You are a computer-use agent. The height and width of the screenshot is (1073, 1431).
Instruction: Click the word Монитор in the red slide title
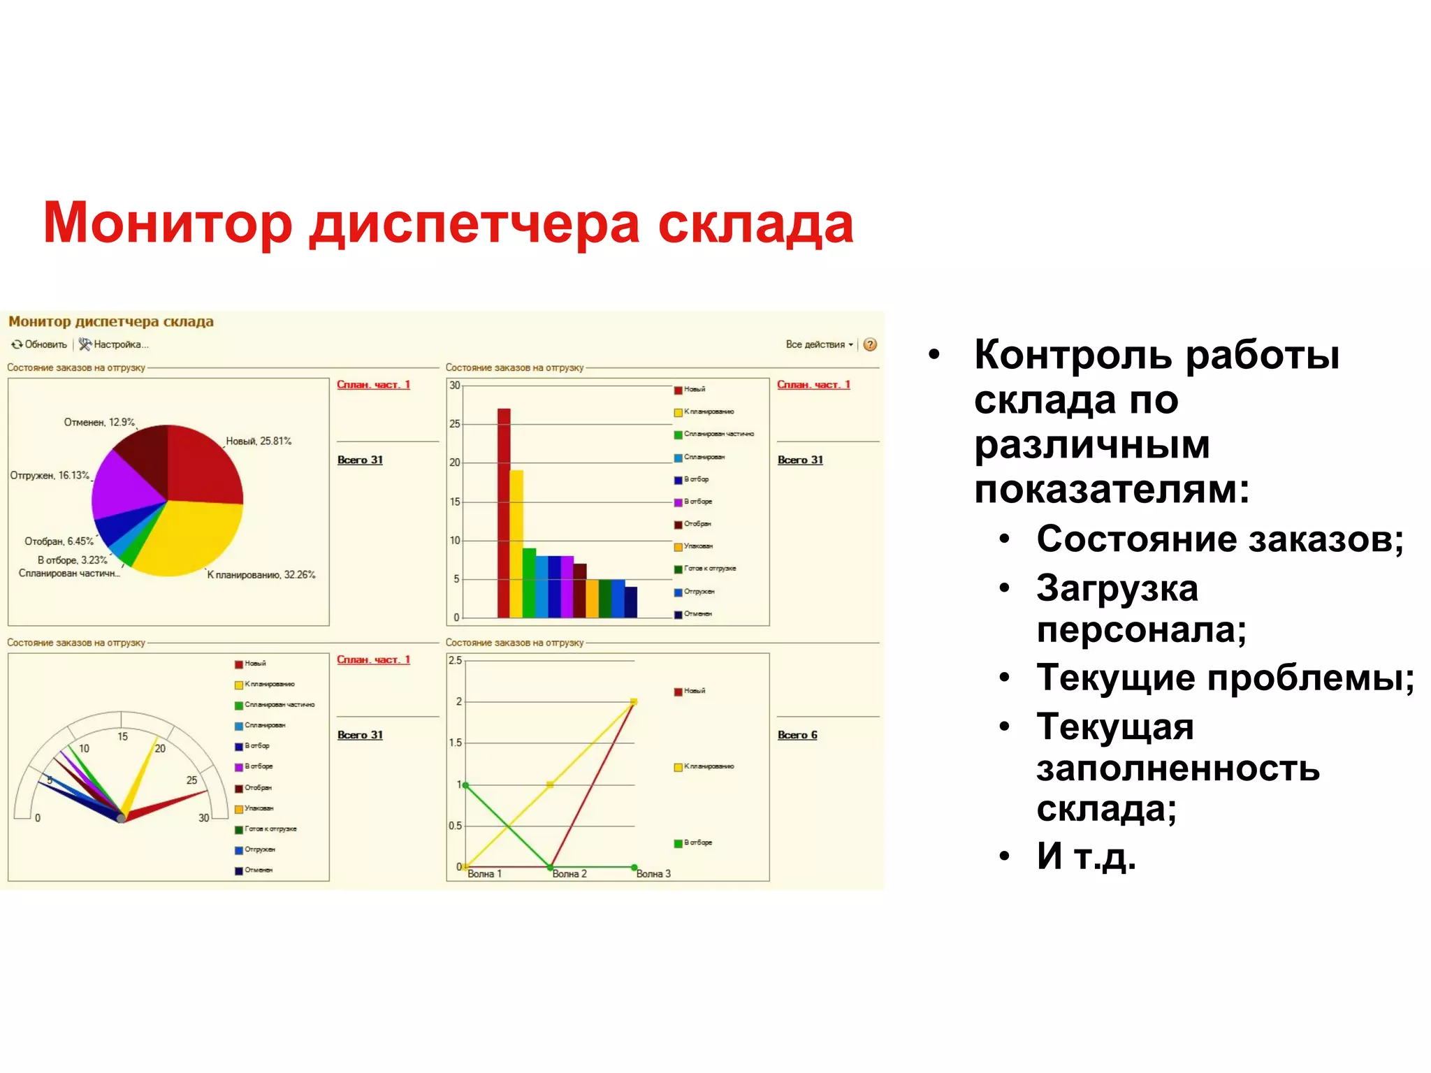pyautogui.click(x=168, y=224)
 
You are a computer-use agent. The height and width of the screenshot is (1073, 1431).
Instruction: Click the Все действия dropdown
pyautogui.click(x=818, y=344)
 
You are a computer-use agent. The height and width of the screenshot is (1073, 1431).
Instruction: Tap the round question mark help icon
pyautogui.click(x=870, y=344)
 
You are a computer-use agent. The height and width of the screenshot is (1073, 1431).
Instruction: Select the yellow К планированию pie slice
pyautogui.click(x=192, y=538)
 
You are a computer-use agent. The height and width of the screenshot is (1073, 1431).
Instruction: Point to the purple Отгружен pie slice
pyautogui.click(x=126, y=482)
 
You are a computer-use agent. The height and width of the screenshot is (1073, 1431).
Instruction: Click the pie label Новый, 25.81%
pyautogui.click(x=259, y=441)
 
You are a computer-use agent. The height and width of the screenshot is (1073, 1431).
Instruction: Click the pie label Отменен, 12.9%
pyautogui.click(x=99, y=422)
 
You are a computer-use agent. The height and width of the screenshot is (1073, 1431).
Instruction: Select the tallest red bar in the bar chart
pyautogui.click(x=504, y=513)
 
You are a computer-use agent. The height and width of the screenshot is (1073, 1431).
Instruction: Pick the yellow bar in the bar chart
pyautogui.click(x=516, y=545)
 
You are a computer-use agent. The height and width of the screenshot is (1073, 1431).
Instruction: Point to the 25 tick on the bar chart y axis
pyautogui.click(x=455, y=424)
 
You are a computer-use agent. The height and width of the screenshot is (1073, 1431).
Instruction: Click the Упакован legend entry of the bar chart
pyautogui.click(x=697, y=546)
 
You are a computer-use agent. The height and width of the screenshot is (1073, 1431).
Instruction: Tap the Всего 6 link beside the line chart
pyautogui.click(x=797, y=735)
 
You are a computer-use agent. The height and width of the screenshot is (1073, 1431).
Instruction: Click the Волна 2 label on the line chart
pyautogui.click(x=569, y=874)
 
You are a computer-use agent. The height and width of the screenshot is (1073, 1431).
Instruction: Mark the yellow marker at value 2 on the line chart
pyautogui.click(x=634, y=701)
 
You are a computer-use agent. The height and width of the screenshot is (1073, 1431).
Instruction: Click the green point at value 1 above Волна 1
pyautogui.click(x=466, y=785)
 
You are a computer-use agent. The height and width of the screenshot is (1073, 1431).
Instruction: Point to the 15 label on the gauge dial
pyautogui.click(x=123, y=736)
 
